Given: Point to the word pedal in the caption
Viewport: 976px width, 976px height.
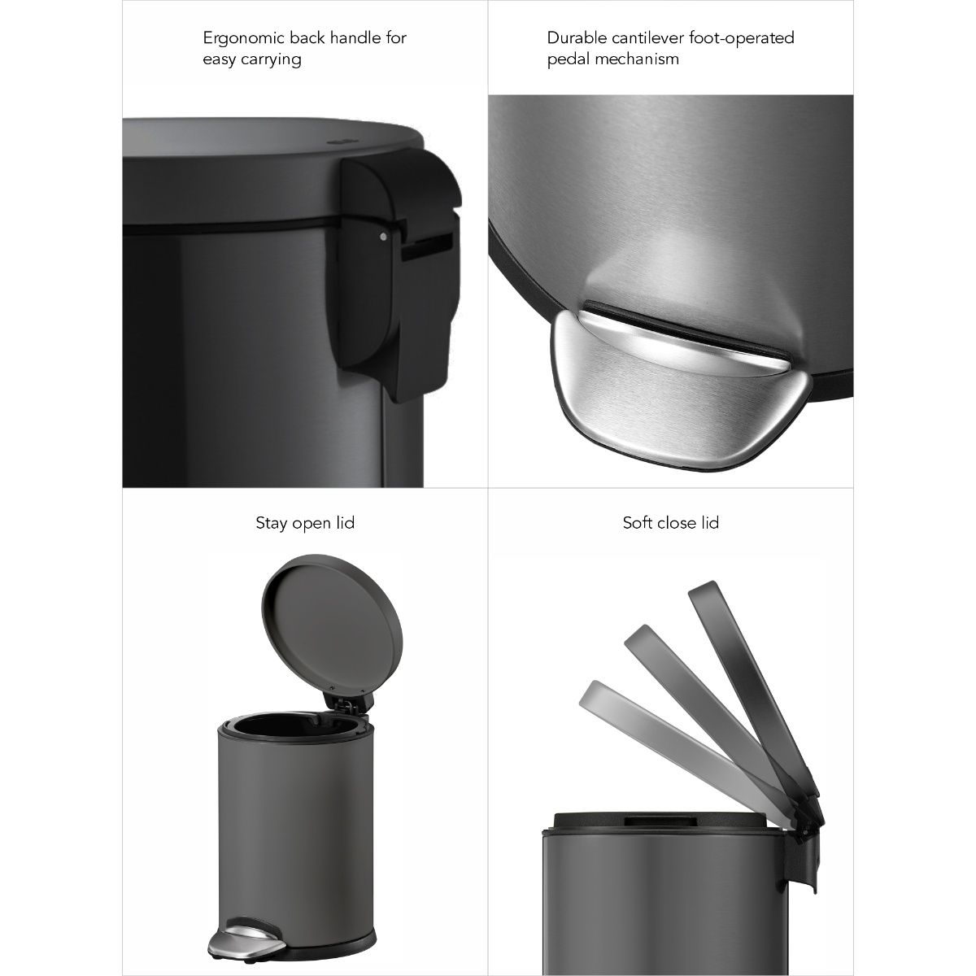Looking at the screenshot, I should pyautogui.click(x=568, y=59).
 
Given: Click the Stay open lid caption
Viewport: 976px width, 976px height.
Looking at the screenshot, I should pyautogui.click(x=305, y=523).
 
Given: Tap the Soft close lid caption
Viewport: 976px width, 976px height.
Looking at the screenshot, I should pyautogui.click(x=670, y=523).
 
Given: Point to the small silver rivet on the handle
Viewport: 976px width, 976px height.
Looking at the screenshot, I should pyautogui.click(x=383, y=237).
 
